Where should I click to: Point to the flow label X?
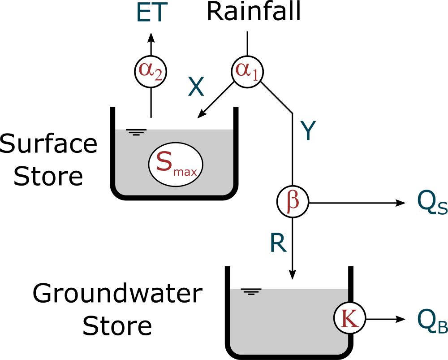[x=196, y=87]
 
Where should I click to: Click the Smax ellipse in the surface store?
[x=176, y=164]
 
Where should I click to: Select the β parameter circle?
[x=293, y=203]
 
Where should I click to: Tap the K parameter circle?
[x=350, y=319]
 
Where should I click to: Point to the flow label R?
[x=278, y=242]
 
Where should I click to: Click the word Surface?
[x=48, y=144]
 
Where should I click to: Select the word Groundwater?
[x=117, y=294]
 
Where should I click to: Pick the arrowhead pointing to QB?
[x=401, y=319]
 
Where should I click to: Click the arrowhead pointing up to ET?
[x=150, y=38]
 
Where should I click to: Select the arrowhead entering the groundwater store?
[x=293, y=274]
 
